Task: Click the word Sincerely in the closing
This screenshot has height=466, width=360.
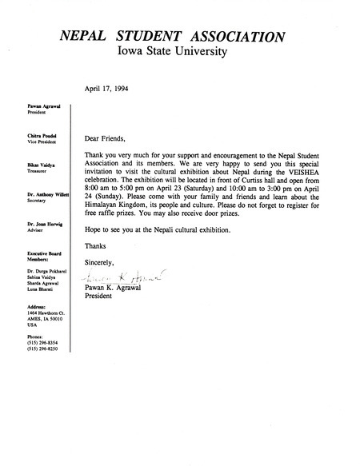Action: coord(101,263)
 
